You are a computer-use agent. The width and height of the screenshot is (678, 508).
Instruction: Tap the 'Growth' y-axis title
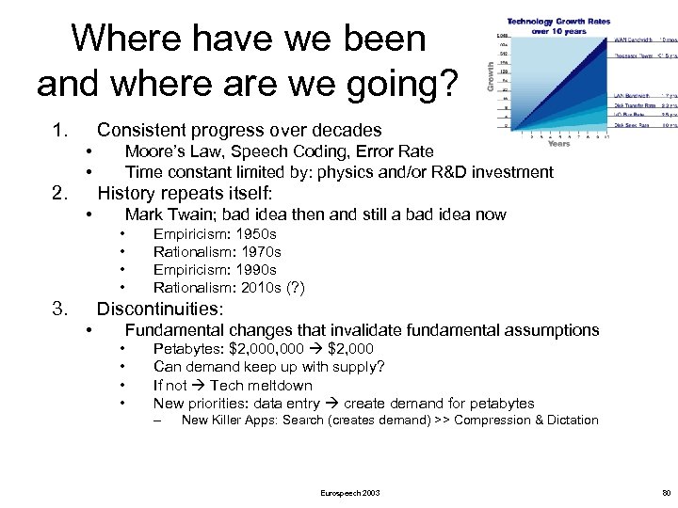click(x=490, y=76)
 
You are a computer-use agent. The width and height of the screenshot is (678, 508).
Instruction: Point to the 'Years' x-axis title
click(x=558, y=144)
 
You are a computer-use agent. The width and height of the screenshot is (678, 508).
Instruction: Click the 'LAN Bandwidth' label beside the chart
click(x=632, y=96)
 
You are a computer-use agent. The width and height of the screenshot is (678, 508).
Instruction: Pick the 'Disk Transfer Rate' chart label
click(x=634, y=105)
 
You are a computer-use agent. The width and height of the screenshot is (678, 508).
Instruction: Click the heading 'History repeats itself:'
click(x=185, y=194)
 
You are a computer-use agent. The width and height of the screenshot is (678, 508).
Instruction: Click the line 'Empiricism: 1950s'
click(x=215, y=234)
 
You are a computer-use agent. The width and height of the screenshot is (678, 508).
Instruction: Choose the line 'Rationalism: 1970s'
click(x=217, y=252)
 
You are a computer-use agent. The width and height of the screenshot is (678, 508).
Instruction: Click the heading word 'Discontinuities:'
click(x=160, y=309)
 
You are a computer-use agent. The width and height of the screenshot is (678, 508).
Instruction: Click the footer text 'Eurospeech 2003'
click(x=350, y=493)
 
